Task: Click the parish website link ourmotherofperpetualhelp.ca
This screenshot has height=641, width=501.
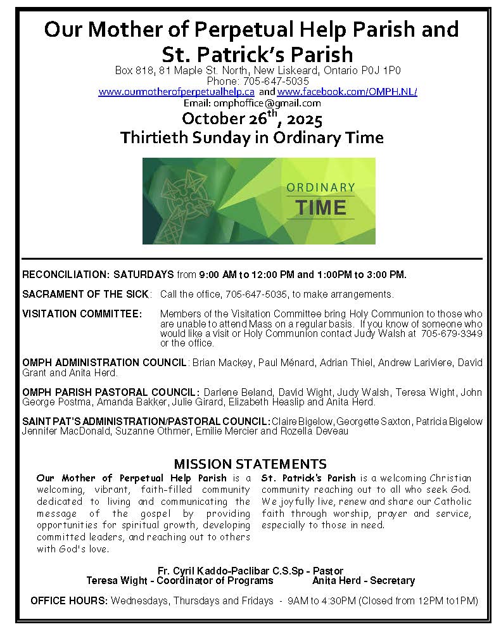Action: pyautogui.click(x=177, y=92)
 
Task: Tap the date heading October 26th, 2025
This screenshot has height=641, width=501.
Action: pyautogui.click(x=252, y=119)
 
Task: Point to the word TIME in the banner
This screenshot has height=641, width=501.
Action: pyautogui.click(x=321, y=207)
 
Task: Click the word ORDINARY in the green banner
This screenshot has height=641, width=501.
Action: pyautogui.click(x=320, y=187)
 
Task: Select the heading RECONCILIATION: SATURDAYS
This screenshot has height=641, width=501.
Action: pyautogui.click(x=98, y=275)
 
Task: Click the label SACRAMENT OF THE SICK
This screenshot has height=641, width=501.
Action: pyautogui.click(x=86, y=295)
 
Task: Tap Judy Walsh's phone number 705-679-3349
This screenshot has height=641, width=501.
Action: pyautogui.click(x=451, y=333)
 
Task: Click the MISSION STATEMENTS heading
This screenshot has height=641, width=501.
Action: pyautogui.click(x=250, y=464)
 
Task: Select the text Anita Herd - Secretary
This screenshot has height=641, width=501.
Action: pyautogui.click(x=364, y=580)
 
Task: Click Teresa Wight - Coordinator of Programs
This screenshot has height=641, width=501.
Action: pyautogui.click(x=180, y=580)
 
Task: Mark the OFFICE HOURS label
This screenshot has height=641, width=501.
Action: pyautogui.click(x=70, y=600)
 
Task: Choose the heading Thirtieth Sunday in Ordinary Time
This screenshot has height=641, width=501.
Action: pyautogui.click(x=252, y=137)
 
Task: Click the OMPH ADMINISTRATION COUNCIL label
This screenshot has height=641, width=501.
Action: pyautogui.click(x=105, y=363)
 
